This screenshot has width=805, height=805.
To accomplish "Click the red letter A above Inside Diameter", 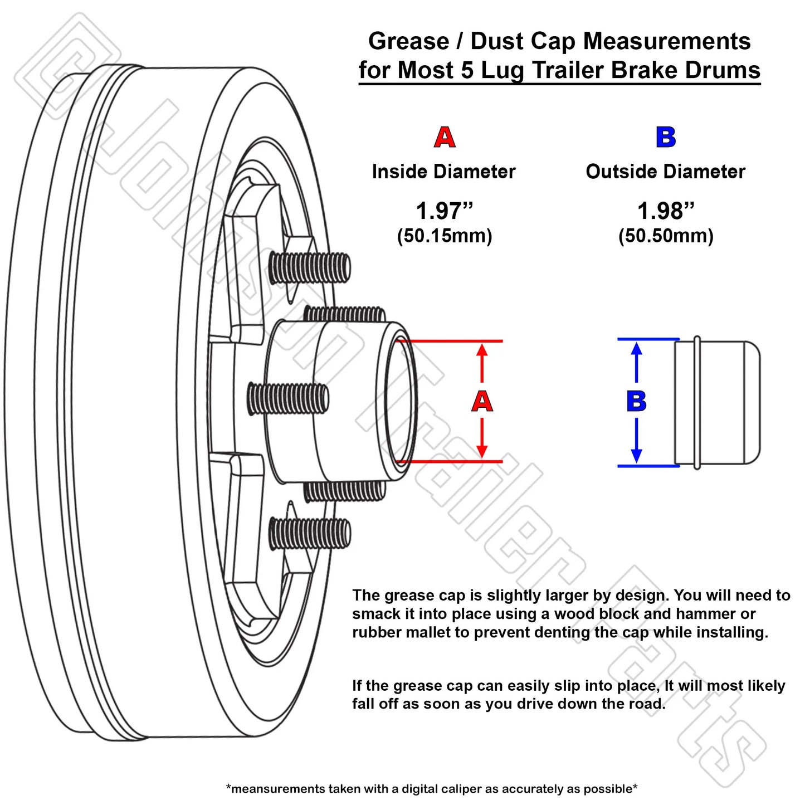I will click(445, 137).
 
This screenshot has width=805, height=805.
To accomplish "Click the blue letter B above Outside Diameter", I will click(666, 137).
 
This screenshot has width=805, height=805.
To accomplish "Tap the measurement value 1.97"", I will click(444, 211).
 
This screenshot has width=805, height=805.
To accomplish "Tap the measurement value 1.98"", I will click(666, 211).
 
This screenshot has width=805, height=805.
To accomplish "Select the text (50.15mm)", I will click(445, 236).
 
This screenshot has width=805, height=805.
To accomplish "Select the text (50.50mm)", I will click(666, 236).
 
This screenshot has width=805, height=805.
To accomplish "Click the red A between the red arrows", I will click(482, 401).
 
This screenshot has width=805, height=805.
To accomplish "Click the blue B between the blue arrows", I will click(636, 401).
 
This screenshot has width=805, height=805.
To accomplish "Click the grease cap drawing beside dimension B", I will click(718, 402).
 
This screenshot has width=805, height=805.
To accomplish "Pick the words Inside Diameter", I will click(444, 172).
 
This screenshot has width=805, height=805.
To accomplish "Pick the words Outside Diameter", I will click(666, 172).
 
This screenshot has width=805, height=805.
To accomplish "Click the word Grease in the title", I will click(408, 41).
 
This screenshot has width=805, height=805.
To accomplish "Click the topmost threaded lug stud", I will click(310, 267).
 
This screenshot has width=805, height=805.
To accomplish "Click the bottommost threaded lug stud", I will click(310, 533).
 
